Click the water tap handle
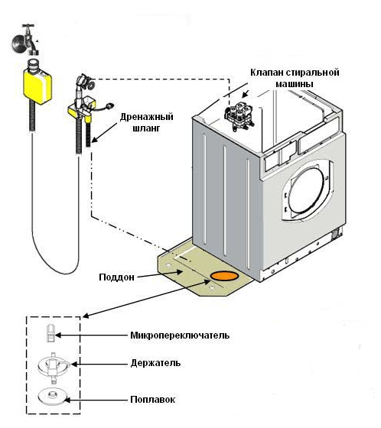(x=28, y=26)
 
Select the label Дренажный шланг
(x=146, y=122)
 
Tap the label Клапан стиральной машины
(x=295, y=78)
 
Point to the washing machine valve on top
(x=239, y=115)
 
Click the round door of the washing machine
(x=308, y=190)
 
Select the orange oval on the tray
(x=224, y=276)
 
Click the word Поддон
(x=117, y=277)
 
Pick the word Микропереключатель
(x=180, y=336)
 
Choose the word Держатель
(x=155, y=363)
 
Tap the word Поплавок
(x=153, y=400)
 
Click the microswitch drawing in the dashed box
(x=50, y=332)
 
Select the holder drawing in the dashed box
(x=54, y=367)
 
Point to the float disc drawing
(x=52, y=396)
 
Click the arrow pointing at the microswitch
(x=92, y=336)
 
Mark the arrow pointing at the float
(x=96, y=400)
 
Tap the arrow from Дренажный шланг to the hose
(x=105, y=132)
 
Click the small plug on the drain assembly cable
(x=109, y=105)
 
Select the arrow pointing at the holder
(x=99, y=364)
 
